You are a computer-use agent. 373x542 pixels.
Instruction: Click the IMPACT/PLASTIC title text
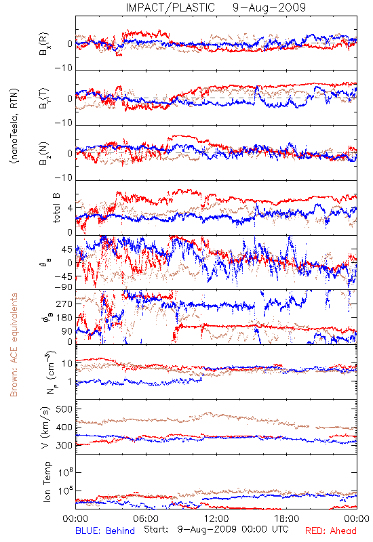click(x=170, y=7)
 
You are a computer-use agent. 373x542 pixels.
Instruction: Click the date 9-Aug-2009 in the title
click(x=269, y=7)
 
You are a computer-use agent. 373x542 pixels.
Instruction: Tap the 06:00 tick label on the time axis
click(x=146, y=518)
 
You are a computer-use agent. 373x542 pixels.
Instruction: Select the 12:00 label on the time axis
click(x=216, y=518)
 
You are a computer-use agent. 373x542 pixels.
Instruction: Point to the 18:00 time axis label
click(x=287, y=518)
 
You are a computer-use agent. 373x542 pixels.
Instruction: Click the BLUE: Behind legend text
click(x=105, y=530)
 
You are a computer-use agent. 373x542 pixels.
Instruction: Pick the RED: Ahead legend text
click(x=331, y=530)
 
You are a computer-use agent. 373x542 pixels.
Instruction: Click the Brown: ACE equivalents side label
click(x=13, y=345)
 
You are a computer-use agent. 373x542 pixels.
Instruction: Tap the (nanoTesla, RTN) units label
click(x=14, y=126)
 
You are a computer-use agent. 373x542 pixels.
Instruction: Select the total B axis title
click(x=56, y=208)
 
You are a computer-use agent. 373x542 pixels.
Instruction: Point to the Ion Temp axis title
click(x=47, y=482)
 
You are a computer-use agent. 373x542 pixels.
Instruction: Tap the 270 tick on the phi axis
click(x=64, y=304)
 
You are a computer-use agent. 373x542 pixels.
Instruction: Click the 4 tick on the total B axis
click(x=70, y=208)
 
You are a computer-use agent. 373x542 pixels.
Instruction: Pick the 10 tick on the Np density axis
click(x=67, y=363)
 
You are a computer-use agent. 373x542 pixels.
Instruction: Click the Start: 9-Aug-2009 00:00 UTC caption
click(x=216, y=529)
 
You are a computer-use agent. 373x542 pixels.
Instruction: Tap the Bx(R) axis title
click(x=44, y=43)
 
